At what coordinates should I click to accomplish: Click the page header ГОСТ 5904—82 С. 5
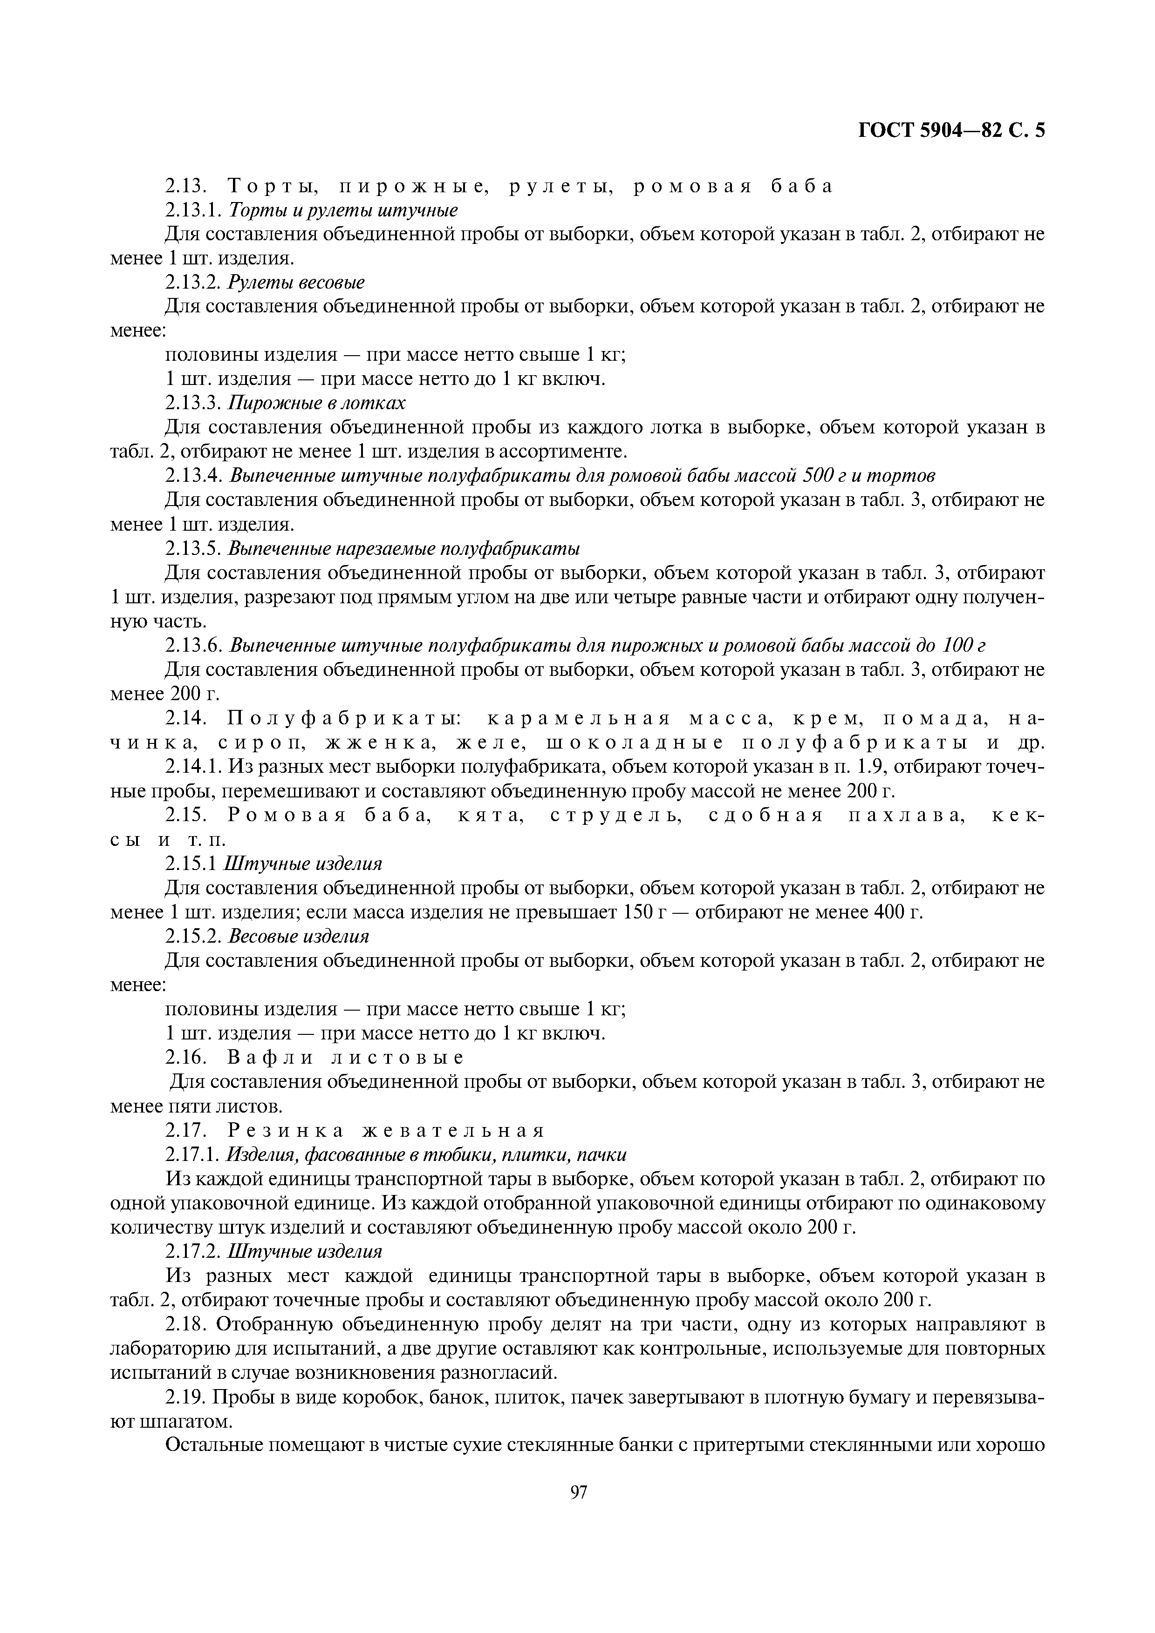951,131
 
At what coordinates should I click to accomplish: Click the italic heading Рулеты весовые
296,283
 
